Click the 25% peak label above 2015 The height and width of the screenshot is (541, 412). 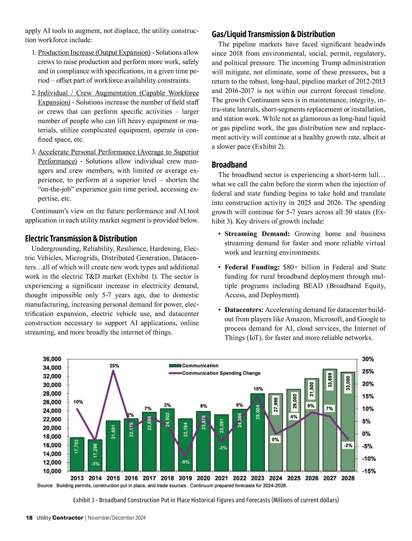tap(114, 366)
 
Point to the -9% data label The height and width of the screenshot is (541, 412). tap(185, 462)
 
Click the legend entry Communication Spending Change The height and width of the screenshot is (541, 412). tap(221, 373)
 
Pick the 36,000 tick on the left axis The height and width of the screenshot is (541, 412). tap(52, 359)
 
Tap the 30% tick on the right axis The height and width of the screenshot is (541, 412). tap(368, 359)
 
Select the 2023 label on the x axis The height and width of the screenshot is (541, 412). tap(257, 478)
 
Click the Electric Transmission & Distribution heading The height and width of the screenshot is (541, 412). tap(81, 238)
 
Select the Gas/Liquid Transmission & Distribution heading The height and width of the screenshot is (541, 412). tap(273, 34)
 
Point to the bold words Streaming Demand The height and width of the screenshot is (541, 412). tap(257, 234)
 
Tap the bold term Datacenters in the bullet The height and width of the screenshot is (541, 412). tap(244, 310)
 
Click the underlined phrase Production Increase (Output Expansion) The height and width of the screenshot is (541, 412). tap(94, 53)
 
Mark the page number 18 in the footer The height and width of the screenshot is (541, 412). tap(29, 518)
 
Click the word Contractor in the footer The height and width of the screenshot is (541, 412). tap(68, 518)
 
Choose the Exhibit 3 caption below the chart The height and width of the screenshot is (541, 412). tap(206, 500)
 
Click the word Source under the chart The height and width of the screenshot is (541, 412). tap(45, 486)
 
